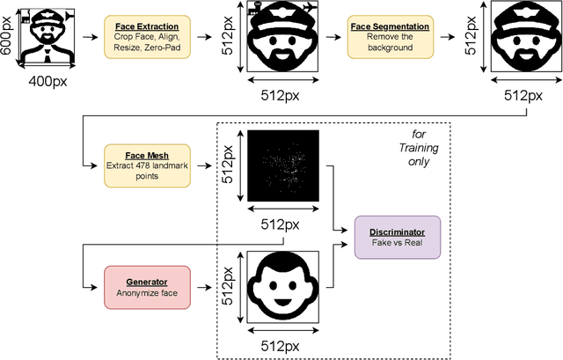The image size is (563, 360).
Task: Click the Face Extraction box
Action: tap(143, 37)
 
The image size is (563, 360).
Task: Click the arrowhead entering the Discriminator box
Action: tap(348, 231)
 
